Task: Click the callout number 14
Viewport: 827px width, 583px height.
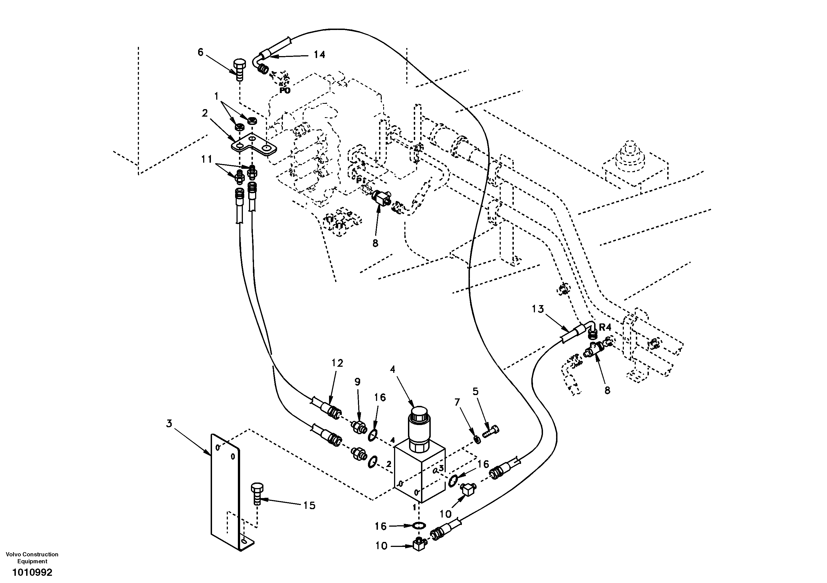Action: coord(319,55)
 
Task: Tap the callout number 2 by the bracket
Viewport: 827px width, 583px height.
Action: coord(205,113)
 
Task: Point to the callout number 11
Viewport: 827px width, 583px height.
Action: coord(206,159)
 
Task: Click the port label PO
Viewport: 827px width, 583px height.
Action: coord(285,91)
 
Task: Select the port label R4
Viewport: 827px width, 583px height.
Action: coord(605,328)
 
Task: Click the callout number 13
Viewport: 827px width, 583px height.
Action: coord(538,309)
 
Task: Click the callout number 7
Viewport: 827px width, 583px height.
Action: coord(457,402)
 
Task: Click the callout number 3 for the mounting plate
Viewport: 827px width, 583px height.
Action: coord(169,424)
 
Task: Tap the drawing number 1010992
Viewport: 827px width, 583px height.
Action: coord(33,572)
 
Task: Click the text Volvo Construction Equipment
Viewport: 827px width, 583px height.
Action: coord(33,558)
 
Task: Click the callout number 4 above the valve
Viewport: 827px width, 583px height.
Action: coord(392,369)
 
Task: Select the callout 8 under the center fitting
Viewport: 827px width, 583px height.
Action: coord(375,243)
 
